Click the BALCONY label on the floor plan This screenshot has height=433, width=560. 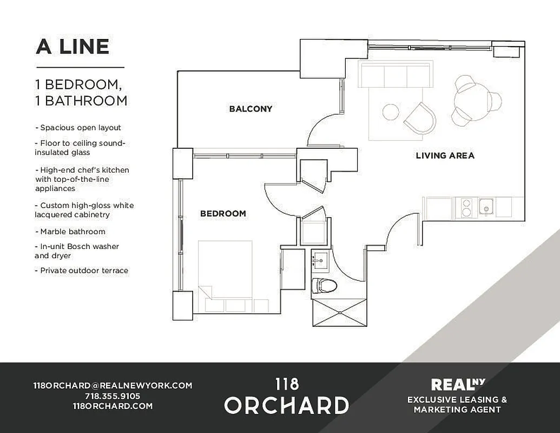[x=251, y=109]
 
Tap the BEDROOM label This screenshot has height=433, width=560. [x=223, y=214]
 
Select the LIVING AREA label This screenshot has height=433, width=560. [x=445, y=156]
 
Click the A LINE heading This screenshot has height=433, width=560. [x=73, y=47]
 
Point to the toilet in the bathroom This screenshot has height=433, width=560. [x=325, y=285]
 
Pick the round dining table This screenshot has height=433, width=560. [x=470, y=100]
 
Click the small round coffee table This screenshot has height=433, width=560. [x=391, y=112]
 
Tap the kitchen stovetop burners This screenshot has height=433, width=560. [x=465, y=207]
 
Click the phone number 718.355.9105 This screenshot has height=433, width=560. [x=113, y=396]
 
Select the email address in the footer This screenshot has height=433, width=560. [x=113, y=385]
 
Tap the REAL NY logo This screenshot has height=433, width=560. [x=457, y=385]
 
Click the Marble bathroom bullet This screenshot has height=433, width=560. [x=73, y=232]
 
